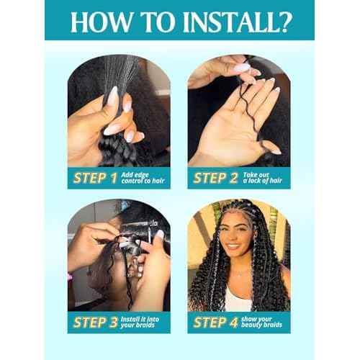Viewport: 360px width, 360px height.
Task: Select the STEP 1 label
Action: (95, 178)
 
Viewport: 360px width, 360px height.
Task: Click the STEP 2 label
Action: (215, 178)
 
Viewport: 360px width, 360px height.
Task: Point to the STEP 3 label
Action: (96, 323)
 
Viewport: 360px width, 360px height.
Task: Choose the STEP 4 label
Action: (215, 323)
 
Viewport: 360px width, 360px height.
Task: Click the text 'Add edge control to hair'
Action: (143, 178)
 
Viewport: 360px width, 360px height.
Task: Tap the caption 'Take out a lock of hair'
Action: (262, 178)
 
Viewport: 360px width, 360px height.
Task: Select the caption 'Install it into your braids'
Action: (140, 322)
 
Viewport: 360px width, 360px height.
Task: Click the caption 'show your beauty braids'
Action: (261, 322)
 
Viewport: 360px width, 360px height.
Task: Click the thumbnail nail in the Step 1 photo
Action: (113, 95)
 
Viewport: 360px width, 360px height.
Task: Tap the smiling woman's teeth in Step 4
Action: (233, 246)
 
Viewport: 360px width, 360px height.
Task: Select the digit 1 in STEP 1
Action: (114, 179)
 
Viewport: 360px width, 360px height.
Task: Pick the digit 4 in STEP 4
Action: (233, 323)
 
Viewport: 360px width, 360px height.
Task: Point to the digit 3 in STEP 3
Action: (114, 323)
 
